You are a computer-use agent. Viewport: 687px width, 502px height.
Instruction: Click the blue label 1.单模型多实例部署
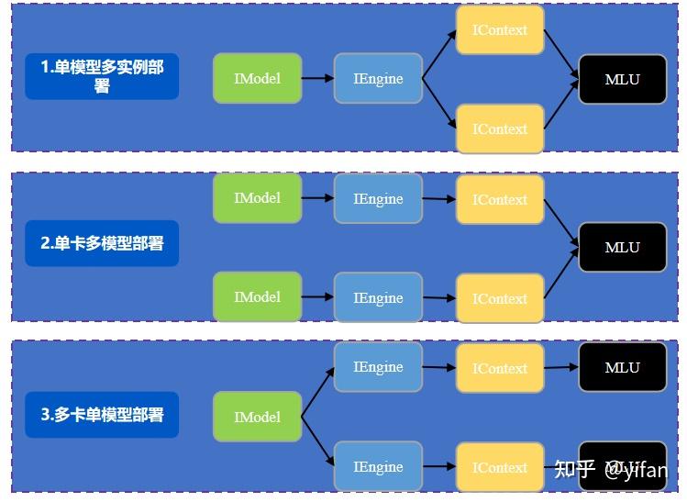(x=102, y=77)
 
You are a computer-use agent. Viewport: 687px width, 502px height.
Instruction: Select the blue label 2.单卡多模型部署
(x=102, y=243)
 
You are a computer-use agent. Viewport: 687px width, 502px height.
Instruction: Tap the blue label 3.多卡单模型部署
(x=102, y=415)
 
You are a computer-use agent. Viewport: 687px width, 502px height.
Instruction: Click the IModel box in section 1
(x=257, y=78)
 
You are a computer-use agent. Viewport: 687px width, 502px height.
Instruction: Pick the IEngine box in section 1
(x=378, y=78)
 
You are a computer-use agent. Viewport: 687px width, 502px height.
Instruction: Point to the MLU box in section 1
(x=622, y=79)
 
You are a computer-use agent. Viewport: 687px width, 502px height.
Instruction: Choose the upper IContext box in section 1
(x=500, y=30)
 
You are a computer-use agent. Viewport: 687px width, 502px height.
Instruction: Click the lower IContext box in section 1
(x=500, y=128)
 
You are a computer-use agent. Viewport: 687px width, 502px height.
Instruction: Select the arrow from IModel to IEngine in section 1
(x=317, y=78)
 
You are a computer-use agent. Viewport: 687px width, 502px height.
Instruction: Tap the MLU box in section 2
(x=622, y=247)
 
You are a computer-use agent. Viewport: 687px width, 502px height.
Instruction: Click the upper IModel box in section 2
(x=257, y=198)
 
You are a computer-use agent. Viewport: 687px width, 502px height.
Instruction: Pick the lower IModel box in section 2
(x=257, y=297)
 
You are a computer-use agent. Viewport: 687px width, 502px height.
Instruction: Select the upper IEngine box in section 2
(x=378, y=198)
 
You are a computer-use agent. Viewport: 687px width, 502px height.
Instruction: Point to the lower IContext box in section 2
(x=500, y=298)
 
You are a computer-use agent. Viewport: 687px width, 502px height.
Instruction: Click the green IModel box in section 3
(x=257, y=417)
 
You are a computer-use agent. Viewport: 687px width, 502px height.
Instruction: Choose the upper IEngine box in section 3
(x=378, y=367)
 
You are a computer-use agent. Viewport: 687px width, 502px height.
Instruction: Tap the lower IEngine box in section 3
(x=378, y=466)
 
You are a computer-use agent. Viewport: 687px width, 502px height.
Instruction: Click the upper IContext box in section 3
(x=500, y=368)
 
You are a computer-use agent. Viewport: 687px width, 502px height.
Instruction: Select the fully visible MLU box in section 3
(x=622, y=367)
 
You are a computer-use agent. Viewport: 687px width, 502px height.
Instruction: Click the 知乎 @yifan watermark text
(x=611, y=470)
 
